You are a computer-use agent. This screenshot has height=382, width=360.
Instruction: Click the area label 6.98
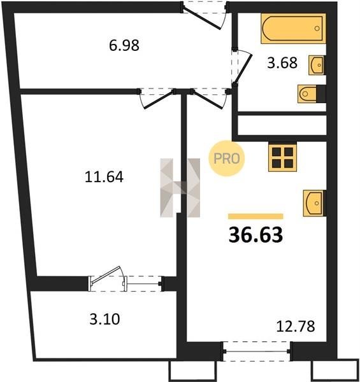tap(124, 45)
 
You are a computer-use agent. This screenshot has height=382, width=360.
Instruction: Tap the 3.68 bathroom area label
tap(282, 62)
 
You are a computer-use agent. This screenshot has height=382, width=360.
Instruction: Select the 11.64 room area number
tap(104, 176)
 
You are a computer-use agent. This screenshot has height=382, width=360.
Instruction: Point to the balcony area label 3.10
tap(104, 319)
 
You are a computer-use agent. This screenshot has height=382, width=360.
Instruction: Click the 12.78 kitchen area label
tap(296, 326)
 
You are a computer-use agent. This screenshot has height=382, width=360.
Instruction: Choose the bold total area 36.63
tap(256, 235)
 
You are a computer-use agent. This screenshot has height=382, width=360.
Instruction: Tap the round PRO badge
tap(226, 159)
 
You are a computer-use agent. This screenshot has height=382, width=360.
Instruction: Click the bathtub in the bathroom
tap(294, 29)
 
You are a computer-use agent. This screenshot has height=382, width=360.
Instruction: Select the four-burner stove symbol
tap(282, 157)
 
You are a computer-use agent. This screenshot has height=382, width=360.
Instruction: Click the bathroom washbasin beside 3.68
tap(317, 65)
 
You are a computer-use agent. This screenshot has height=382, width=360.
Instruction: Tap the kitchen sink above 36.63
tap(314, 203)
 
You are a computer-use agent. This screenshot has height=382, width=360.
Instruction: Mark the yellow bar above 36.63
tap(256, 216)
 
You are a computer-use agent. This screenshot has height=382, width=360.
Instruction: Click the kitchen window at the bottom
tap(256, 351)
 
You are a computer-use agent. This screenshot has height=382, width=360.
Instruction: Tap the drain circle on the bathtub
tap(317, 28)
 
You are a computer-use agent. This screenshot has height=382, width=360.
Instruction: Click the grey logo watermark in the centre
tap(180, 188)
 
